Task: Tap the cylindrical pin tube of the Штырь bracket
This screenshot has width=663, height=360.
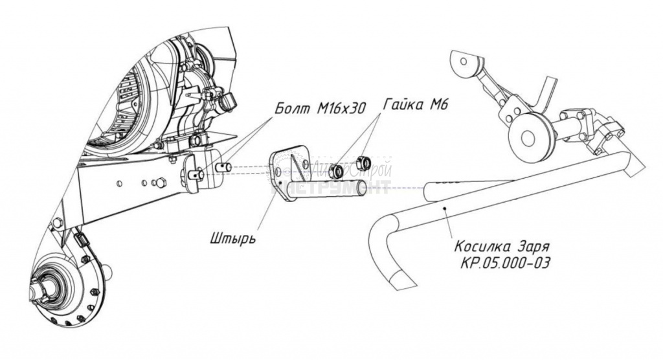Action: point(337,190)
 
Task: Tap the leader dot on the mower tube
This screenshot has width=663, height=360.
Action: point(445,209)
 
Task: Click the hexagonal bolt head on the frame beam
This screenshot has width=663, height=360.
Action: point(159,183)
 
